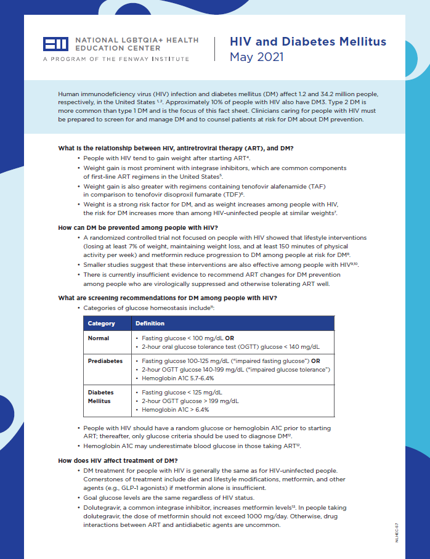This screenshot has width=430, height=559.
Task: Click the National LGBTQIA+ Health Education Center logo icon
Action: point(55,44)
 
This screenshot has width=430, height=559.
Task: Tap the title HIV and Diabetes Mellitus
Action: point(308,42)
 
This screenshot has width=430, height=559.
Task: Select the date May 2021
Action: point(256,57)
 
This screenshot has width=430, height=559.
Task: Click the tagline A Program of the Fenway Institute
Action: point(116,59)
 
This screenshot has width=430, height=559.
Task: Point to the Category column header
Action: point(102,323)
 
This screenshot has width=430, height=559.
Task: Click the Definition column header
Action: point(150,323)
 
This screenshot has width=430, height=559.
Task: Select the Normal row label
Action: point(99,338)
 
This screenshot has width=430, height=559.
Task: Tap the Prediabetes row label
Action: point(105,361)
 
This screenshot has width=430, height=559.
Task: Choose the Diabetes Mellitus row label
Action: point(100,396)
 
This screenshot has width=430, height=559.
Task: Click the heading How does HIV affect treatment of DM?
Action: point(118,460)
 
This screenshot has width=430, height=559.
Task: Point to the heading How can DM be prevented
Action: point(136,227)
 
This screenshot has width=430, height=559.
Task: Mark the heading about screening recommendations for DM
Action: point(167,298)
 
